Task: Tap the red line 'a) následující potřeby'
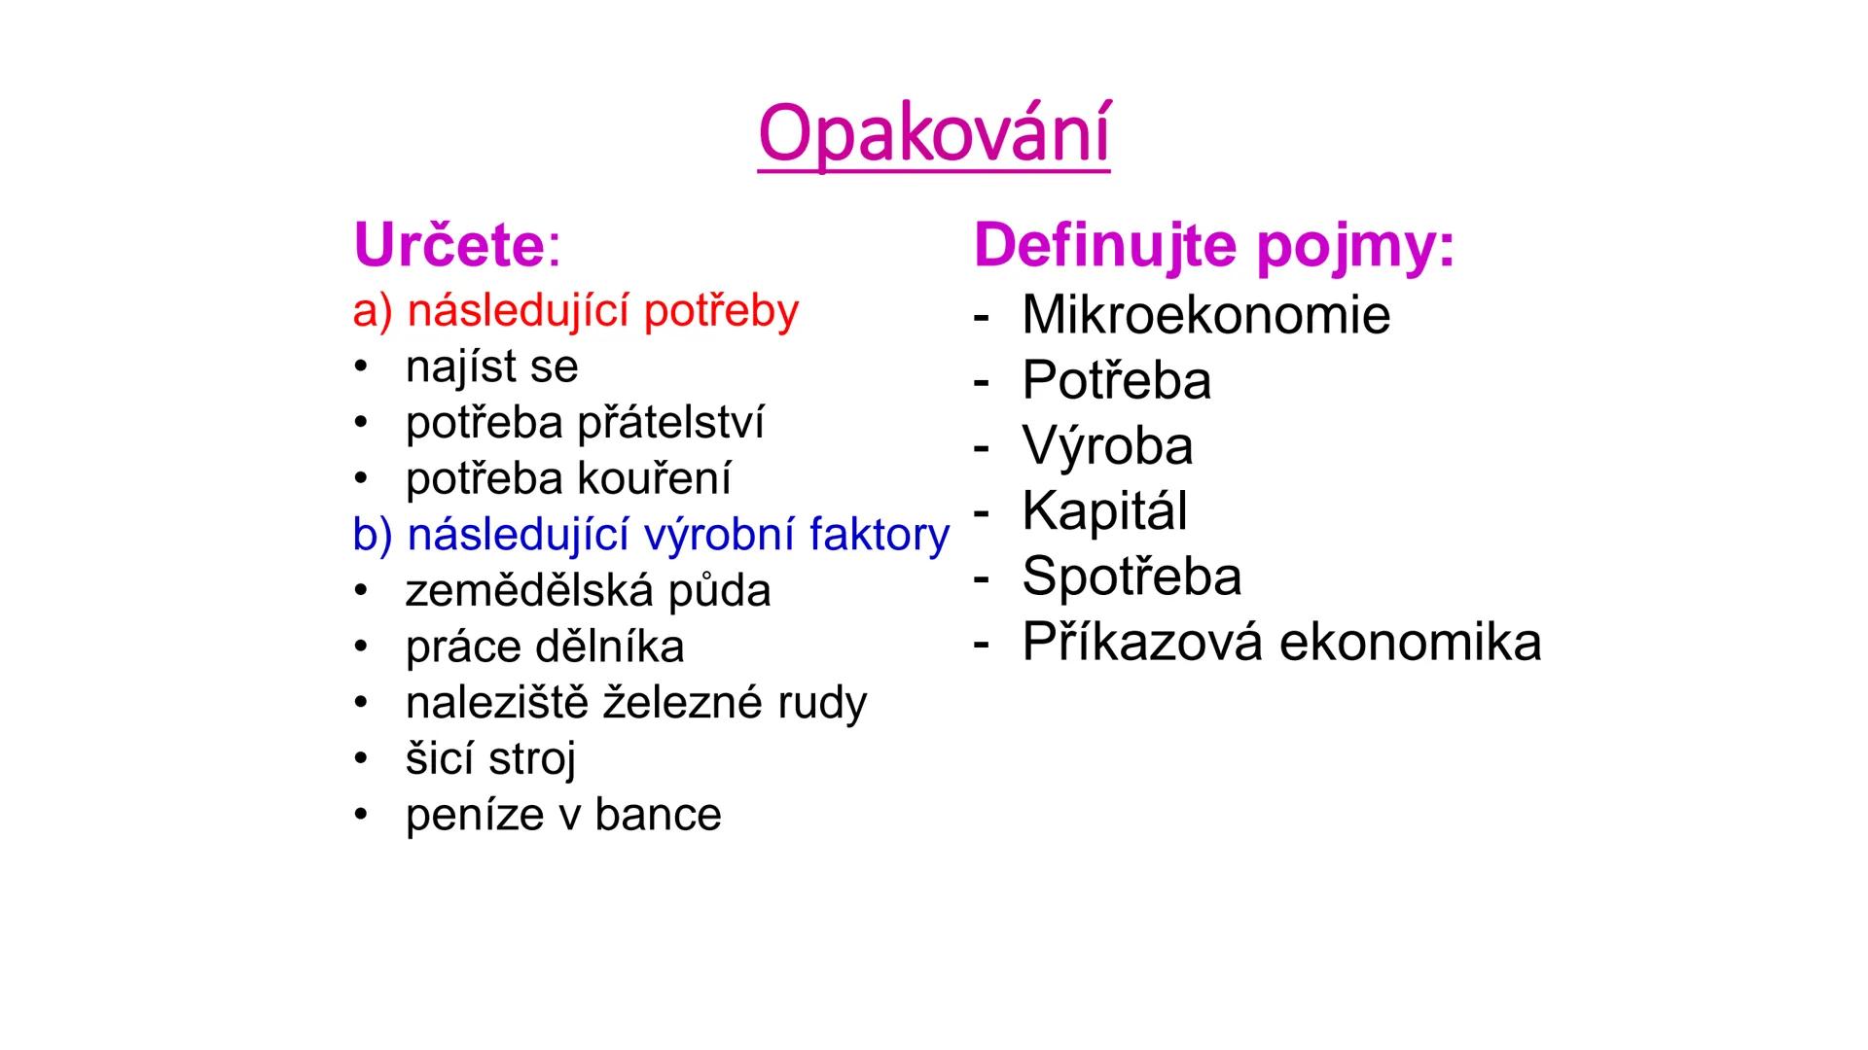pos(575,311)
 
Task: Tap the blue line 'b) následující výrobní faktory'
pos(650,535)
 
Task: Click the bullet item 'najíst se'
pos(491,367)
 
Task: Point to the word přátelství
pos(670,423)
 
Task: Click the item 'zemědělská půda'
pos(588,591)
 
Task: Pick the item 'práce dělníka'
pos(545,647)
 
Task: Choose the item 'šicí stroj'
pos(490,759)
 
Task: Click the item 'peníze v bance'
pos(563,815)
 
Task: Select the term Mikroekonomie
pos(1205,315)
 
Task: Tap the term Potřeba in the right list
pos(1116,380)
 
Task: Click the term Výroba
pos(1107,445)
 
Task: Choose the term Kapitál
pos(1104,510)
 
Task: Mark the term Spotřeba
pos(1132,576)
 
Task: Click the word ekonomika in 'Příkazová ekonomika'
pos(1410,642)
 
